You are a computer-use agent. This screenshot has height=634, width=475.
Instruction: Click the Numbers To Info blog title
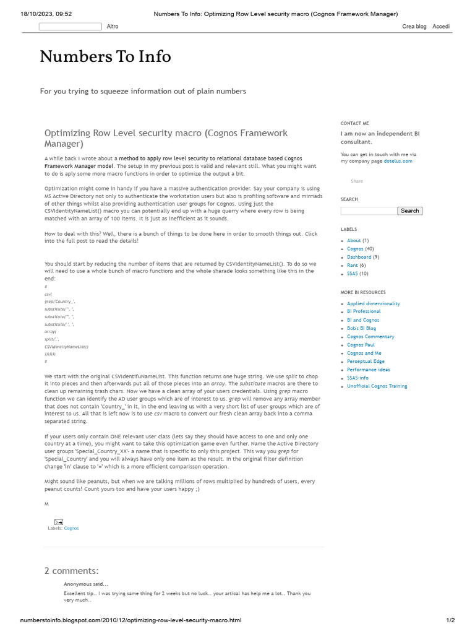(x=105, y=56)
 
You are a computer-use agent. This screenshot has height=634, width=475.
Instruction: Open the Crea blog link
(x=414, y=27)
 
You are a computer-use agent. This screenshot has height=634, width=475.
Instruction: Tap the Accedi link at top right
(x=441, y=27)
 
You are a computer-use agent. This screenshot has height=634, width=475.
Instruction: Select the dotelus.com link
(x=397, y=161)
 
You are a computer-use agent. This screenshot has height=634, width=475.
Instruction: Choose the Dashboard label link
(x=359, y=257)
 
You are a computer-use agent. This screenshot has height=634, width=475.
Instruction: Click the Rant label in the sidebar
(x=353, y=265)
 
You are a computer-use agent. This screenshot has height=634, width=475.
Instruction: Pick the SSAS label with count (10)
(x=352, y=273)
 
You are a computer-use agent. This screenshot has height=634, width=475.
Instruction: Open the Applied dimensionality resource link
(x=373, y=303)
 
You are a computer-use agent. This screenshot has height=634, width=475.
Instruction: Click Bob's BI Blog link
(x=361, y=328)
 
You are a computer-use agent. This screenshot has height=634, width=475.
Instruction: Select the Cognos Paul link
(x=361, y=345)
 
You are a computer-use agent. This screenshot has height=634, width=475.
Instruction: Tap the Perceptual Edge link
(x=366, y=361)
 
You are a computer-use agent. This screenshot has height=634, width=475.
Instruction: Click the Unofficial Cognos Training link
(x=377, y=386)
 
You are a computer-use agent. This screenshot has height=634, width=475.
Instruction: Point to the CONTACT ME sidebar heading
(x=354, y=123)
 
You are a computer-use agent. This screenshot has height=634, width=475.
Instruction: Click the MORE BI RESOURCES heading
(x=362, y=292)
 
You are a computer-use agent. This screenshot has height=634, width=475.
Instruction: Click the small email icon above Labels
(x=58, y=522)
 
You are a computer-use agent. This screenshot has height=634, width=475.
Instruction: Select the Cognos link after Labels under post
(x=71, y=528)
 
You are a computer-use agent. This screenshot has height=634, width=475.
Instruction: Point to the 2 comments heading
(x=71, y=570)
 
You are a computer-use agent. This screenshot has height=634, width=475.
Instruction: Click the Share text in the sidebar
(x=357, y=181)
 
